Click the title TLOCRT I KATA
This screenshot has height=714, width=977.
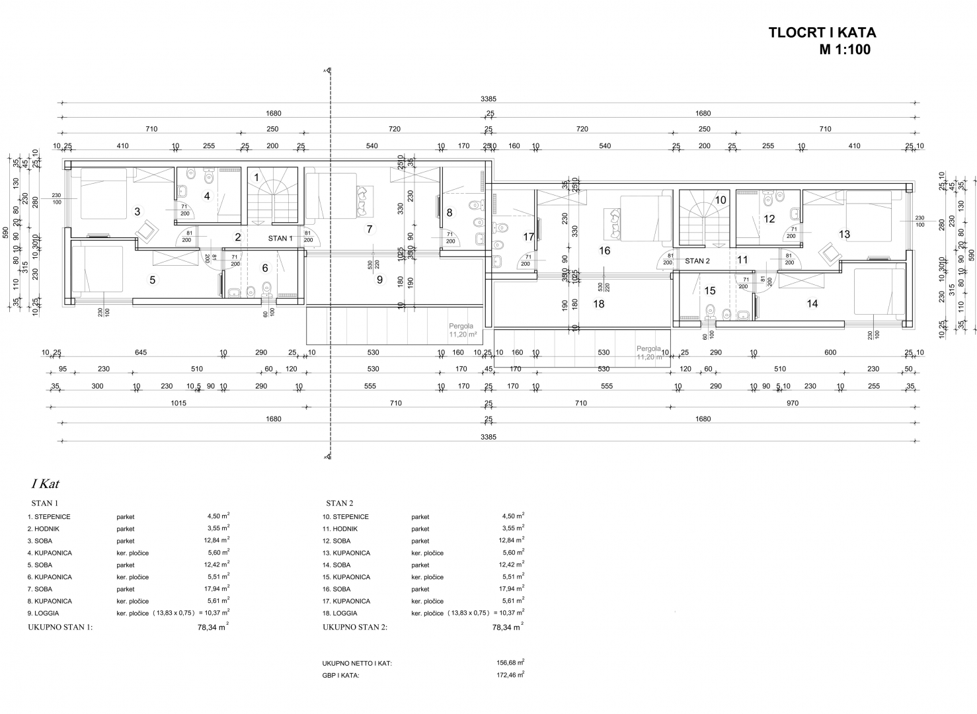822,32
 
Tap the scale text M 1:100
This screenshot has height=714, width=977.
845,50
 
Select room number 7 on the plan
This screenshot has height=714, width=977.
370,229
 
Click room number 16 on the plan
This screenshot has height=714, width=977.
604,251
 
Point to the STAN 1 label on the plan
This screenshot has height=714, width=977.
280,238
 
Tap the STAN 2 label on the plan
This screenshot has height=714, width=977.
697,260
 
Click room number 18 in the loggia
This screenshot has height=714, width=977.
599,304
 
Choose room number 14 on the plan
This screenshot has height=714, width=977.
812,303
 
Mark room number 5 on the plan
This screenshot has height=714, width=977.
152,280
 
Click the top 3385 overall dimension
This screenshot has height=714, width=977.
488,99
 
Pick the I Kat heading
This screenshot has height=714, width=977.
45,484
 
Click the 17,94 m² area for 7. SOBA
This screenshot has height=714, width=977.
217,589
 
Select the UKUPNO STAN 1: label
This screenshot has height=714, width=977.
60,627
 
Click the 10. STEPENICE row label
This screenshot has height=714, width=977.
346,517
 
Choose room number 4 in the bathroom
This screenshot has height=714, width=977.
207,196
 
